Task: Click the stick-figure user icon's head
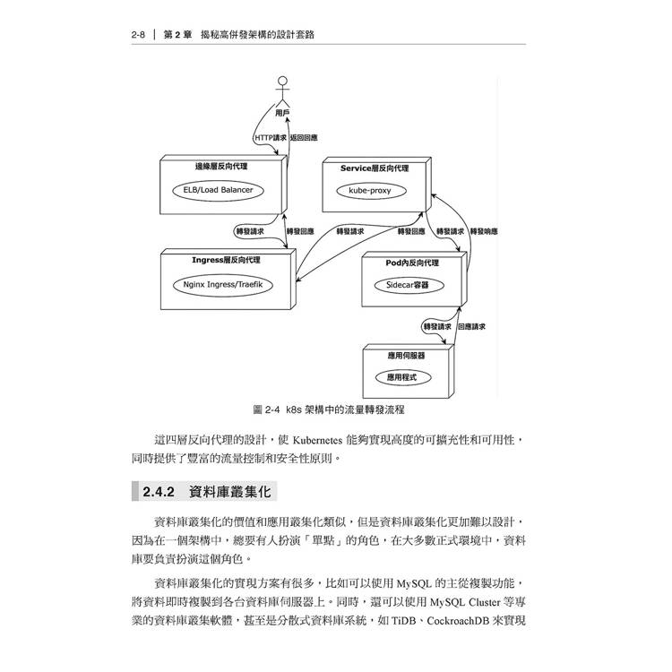point(282,80)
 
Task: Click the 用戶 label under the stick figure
point(282,113)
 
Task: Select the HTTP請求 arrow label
point(271,138)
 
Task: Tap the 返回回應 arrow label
point(304,138)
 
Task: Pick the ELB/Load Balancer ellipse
point(218,190)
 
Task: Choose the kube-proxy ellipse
point(371,191)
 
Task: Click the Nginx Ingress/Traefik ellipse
point(222,285)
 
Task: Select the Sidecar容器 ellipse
point(409,285)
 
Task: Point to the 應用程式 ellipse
point(402,377)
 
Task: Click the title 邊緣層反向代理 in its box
point(221,167)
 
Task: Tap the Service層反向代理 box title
point(375,168)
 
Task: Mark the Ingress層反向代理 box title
point(226,260)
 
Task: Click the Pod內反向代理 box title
point(412,263)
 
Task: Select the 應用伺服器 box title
point(406,356)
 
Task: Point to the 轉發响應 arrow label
point(484,231)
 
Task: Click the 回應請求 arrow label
point(471,326)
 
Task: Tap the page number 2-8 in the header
point(138,35)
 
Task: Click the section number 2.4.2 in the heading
point(159,492)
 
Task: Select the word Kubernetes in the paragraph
point(317,440)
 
